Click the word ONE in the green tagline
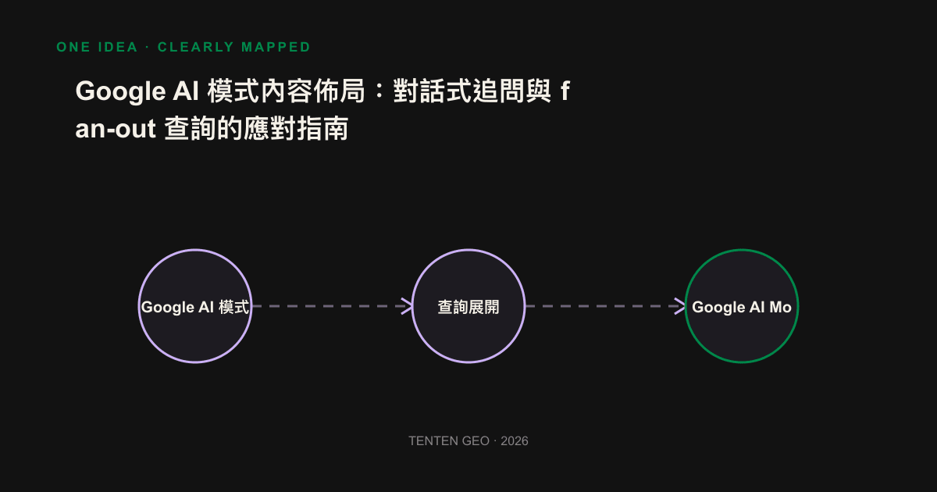73,47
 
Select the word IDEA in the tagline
118,47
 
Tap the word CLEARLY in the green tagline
196,47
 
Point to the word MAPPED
276,47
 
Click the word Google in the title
120,91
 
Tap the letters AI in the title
185,91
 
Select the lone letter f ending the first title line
565,91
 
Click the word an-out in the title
116,128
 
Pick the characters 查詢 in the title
191,128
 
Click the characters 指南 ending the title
322,128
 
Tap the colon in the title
379,91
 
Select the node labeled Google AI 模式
195,306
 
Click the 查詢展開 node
468,306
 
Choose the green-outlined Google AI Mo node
742,306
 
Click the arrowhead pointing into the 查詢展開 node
407,306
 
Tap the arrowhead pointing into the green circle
680,306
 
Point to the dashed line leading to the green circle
605,306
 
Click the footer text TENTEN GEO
449,441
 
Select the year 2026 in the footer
515,441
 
